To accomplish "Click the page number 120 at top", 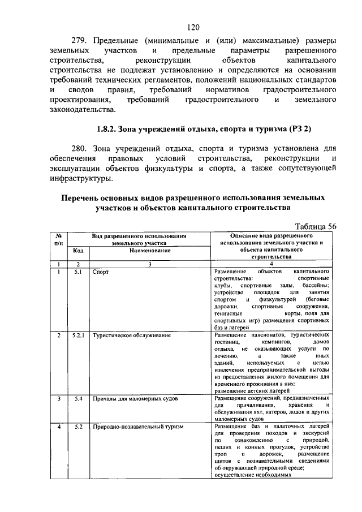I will click(193, 27).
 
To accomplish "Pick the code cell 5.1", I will click(78, 272).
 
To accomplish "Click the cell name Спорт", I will click(101, 272).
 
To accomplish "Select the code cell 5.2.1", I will click(78, 335).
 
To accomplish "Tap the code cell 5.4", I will click(78, 399).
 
